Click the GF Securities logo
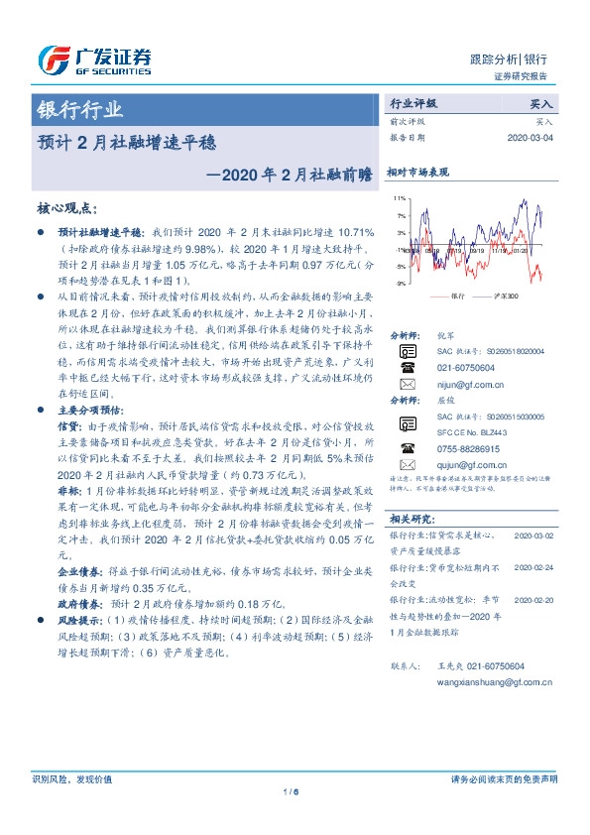pos(94,60)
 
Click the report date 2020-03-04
pos(530,139)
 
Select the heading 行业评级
pos(413,103)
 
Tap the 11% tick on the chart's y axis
pos(399,198)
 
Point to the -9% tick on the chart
pos(399,284)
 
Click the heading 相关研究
pos(411,519)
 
